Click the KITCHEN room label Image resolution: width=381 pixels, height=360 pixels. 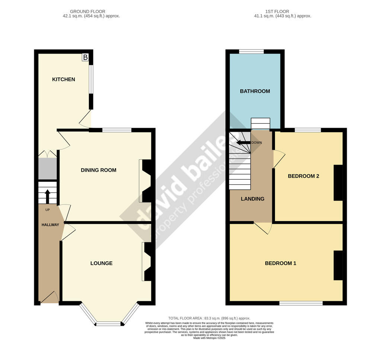click(x=63, y=79)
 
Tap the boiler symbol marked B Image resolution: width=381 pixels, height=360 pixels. click(x=86, y=57)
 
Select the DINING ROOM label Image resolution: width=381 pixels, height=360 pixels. click(x=99, y=170)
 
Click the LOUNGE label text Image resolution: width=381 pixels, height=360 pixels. click(x=101, y=263)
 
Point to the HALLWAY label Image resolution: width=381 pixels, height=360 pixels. click(x=50, y=224)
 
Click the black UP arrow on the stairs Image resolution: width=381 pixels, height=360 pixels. click(x=48, y=196)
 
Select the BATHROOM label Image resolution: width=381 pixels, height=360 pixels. click(x=255, y=91)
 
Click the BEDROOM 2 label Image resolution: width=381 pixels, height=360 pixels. click(x=304, y=176)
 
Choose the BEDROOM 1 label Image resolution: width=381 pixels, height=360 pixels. click(x=281, y=263)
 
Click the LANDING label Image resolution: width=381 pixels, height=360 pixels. click(x=253, y=199)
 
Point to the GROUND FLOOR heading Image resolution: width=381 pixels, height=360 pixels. click(x=87, y=12)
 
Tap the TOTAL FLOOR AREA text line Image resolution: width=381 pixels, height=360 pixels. click(x=209, y=318)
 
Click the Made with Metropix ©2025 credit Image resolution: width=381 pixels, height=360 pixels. click(x=209, y=338)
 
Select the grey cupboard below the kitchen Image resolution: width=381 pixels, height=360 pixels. click(x=47, y=169)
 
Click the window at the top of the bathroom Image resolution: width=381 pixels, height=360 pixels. click(x=251, y=52)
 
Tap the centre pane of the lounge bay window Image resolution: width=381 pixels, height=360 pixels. click(x=109, y=324)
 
